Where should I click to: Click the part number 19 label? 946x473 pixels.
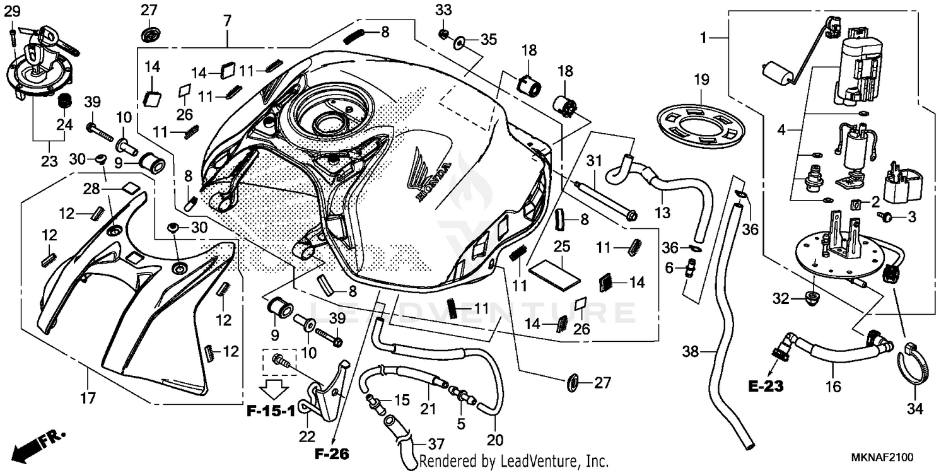click(702, 80)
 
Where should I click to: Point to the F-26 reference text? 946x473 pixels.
click(333, 453)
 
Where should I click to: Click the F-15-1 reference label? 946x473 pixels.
click(271, 412)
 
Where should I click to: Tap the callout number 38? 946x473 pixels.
click(692, 351)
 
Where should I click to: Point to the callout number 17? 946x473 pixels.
click(87, 398)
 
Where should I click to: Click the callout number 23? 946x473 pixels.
click(49, 161)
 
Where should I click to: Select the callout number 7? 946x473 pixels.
click(226, 20)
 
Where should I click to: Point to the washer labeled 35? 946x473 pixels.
click(458, 42)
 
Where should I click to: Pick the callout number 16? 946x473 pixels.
click(833, 387)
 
